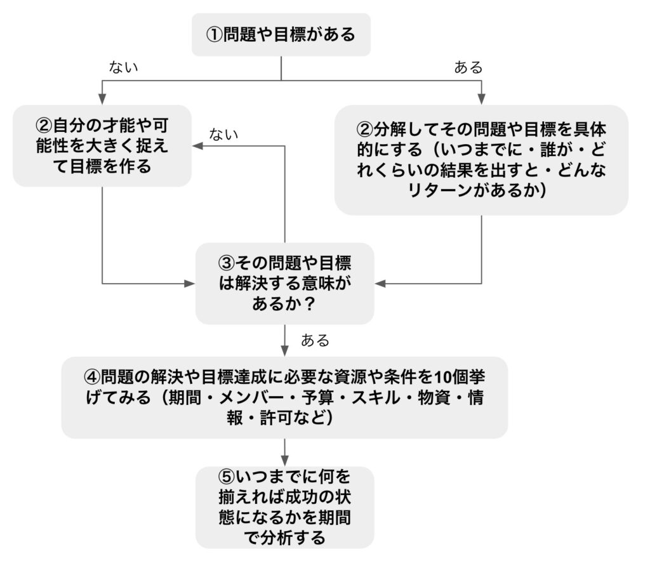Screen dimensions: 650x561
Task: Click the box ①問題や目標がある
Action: coord(281,35)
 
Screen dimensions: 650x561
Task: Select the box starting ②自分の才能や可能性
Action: coord(102,146)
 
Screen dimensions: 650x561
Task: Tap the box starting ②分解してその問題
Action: coord(481,160)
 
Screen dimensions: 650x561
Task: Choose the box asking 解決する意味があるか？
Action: coord(285,284)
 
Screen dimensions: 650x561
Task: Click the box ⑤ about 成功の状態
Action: coord(285,508)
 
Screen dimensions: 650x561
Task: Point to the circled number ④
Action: coord(92,377)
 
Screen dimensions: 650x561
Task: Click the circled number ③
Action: coord(227,263)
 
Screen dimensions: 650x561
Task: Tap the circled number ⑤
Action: coord(227,477)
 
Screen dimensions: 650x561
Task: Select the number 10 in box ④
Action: coord(442,377)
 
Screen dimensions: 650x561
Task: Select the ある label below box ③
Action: coord(315,341)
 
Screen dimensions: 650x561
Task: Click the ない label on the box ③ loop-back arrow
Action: coord(224,135)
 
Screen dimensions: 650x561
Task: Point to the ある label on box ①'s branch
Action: coord(468,67)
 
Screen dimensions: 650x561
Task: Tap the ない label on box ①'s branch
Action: coord(123,67)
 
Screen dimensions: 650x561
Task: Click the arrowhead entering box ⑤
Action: coord(285,461)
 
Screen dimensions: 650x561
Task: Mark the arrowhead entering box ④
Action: coord(285,351)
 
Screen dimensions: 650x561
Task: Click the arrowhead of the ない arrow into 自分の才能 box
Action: coord(197,146)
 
